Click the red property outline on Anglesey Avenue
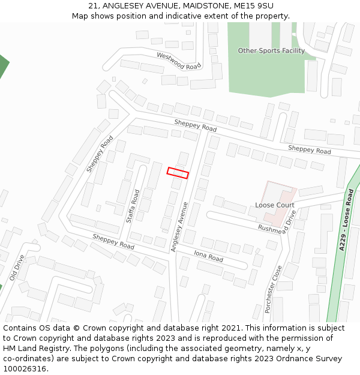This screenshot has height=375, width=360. click(178, 173)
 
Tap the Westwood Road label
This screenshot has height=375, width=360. click(178, 61)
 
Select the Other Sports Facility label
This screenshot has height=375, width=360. click(271, 51)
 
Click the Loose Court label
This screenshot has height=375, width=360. click(274, 205)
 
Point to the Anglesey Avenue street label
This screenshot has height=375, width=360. click(179, 227)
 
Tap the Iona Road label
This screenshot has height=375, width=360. click(208, 256)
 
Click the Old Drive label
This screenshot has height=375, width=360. click(17, 268)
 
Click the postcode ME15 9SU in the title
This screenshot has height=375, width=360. click(254, 6)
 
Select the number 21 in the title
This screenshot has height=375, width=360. click(93, 6)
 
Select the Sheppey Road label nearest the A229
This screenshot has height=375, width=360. click(309, 149)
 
